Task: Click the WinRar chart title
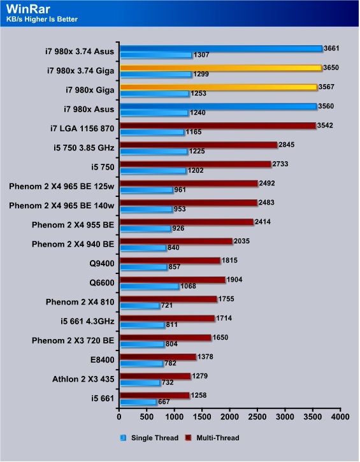(28, 9)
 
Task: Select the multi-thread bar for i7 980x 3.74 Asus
(221, 48)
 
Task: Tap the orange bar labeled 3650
(221, 68)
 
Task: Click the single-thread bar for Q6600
(150, 286)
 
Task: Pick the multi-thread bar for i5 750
(196, 164)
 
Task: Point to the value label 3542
(325, 126)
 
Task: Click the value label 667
(164, 402)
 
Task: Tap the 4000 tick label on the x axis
(340, 417)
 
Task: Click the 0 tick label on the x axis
(119, 417)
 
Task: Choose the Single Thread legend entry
(149, 438)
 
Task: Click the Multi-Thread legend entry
(212, 438)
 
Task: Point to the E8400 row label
(102, 360)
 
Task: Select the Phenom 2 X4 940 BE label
(73, 244)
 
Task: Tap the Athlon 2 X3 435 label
(83, 379)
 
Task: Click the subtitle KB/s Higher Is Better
(42, 20)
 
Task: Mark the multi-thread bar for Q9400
(170, 261)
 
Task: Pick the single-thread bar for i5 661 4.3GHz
(143, 325)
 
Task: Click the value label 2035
(241, 242)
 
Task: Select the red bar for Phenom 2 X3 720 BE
(166, 338)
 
